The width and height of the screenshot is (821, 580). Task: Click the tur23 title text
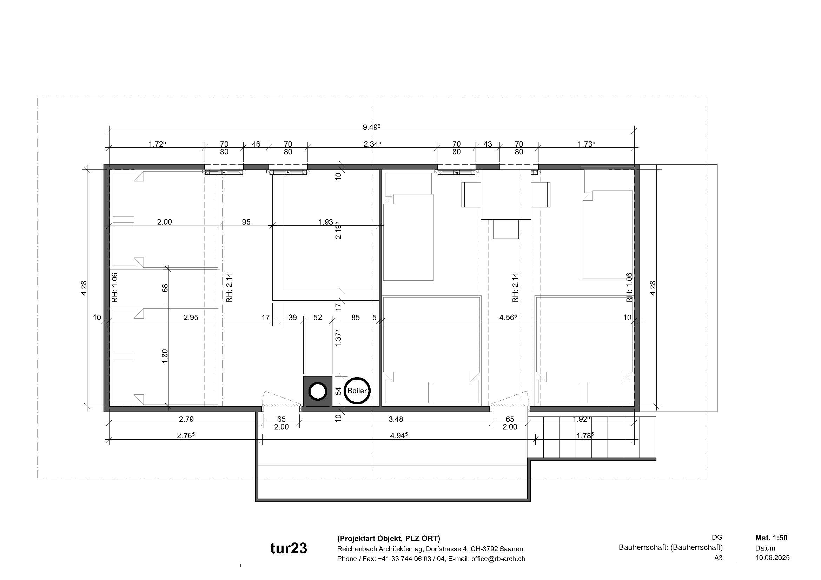289,548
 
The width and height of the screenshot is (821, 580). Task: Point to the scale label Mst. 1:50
771,538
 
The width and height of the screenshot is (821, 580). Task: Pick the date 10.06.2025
772,558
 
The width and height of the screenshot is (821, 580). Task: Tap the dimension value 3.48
396,419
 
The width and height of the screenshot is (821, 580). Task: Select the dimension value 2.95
191,317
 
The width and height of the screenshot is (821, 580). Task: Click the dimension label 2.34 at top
372,144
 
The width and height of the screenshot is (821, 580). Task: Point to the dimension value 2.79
186,419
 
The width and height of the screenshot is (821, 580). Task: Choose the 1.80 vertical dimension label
165,356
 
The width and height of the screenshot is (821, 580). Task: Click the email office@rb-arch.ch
498,559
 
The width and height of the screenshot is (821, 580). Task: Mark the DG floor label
717,538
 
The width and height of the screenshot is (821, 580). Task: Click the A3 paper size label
718,558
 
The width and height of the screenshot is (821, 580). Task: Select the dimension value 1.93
326,222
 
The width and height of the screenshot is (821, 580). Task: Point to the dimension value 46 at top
256,144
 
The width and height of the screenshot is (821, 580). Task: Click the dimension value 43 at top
488,144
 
